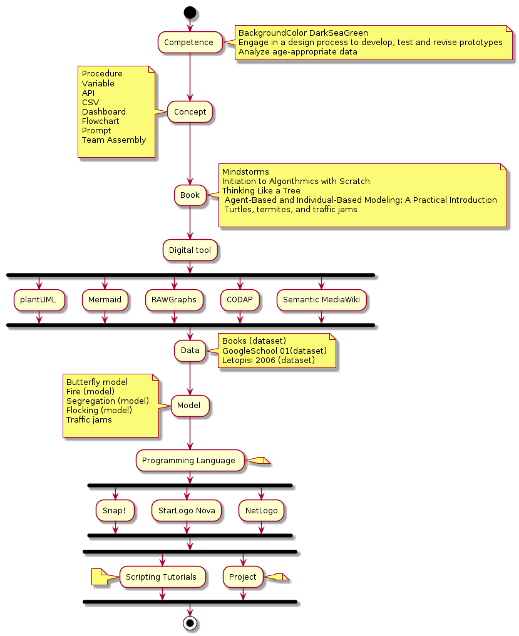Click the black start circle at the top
tap(190, 12)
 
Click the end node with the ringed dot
tap(190, 623)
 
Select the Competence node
tap(190, 43)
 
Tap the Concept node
tap(190, 112)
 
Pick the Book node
tap(190, 195)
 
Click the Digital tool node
tap(190, 250)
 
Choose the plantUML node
tap(38, 300)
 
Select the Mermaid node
tap(105, 300)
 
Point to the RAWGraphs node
tap(174, 300)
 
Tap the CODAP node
tap(239, 300)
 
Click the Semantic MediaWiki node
tap(321, 300)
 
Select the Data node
tap(190, 351)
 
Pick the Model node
tap(190, 406)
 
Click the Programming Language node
tap(190, 461)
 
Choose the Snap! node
tap(115, 511)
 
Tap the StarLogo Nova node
tap(187, 511)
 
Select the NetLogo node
tap(261, 511)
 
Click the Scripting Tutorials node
tap(162, 577)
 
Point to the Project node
tap(243, 577)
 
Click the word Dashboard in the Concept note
tap(104, 112)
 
